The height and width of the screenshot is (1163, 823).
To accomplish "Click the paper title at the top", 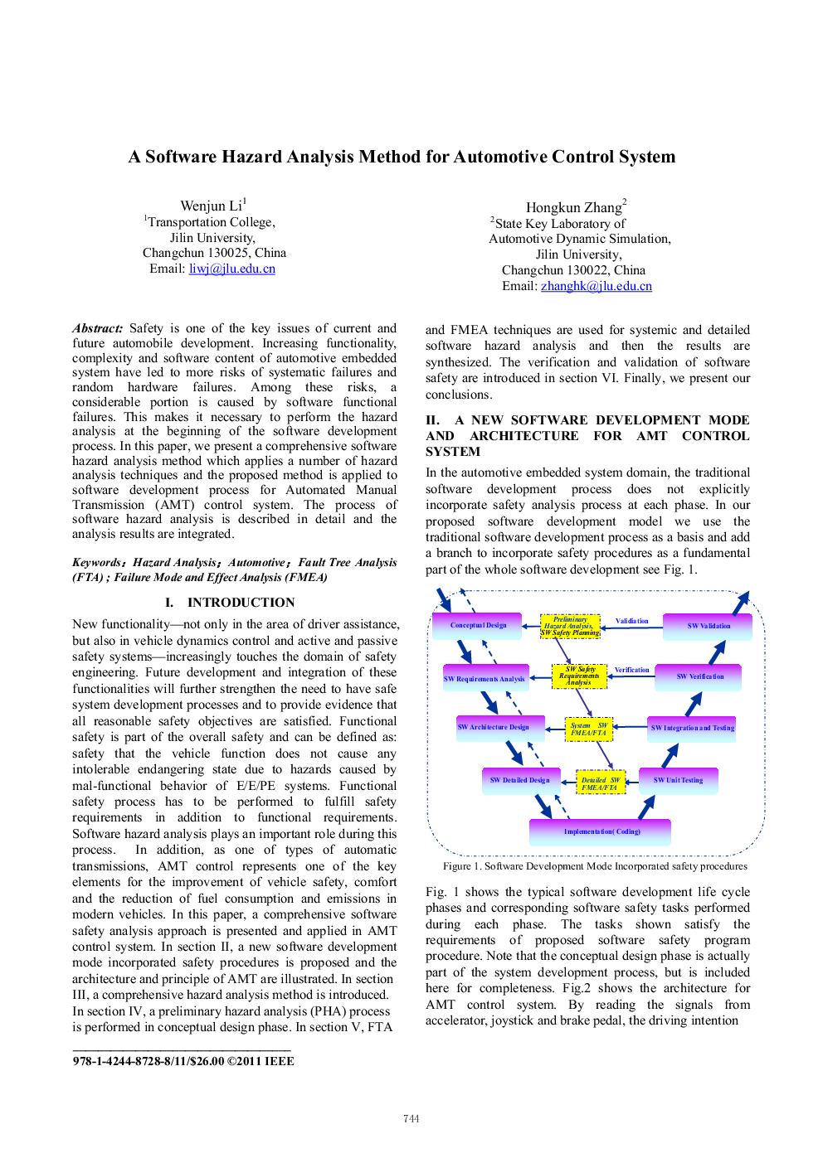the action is [x=402, y=157].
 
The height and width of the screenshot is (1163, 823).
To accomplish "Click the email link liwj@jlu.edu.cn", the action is [x=231, y=269].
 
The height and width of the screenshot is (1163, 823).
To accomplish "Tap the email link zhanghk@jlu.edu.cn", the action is [x=596, y=285].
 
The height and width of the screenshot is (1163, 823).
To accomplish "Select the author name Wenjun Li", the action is [x=211, y=206].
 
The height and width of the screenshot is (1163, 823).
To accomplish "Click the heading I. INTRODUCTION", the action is [x=230, y=603].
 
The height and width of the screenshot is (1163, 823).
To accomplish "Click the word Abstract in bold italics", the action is [x=97, y=328].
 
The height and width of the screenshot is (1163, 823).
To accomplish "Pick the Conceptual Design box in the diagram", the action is [x=477, y=625].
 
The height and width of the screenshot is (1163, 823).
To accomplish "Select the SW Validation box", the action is [x=708, y=626].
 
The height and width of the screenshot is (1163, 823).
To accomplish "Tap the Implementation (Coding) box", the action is [x=600, y=831].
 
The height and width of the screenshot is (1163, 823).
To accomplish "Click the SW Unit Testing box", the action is [x=678, y=780].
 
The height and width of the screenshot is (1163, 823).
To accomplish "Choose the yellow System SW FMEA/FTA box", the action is [x=589, y=729].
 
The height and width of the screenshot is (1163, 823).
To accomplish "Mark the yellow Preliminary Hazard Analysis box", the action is [x=570, y=626].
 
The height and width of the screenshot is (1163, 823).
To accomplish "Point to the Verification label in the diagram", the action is [x=632, y=670].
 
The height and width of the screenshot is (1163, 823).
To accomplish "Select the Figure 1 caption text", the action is [x=595, y=866].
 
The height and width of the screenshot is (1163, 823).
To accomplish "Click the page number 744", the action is [x=411, y=1118].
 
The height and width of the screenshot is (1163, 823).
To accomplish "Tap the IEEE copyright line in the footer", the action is [x=183, y=1061].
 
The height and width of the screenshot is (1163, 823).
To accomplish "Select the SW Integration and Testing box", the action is [x=692, y=729].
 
